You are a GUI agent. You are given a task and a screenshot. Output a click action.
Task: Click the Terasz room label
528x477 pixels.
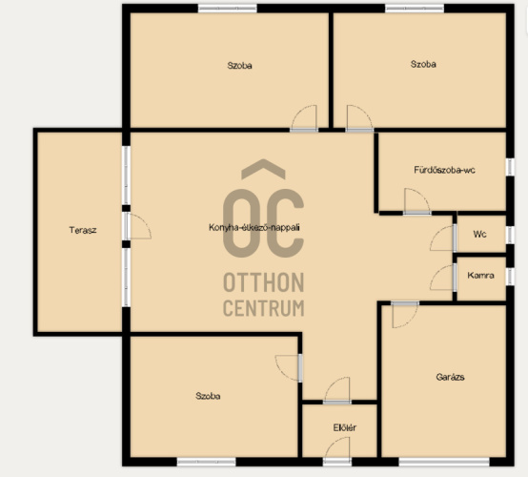[83, 230]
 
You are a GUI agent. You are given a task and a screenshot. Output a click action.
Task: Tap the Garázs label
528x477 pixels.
[450, 377]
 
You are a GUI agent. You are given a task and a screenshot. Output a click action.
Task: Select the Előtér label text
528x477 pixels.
[344, 427]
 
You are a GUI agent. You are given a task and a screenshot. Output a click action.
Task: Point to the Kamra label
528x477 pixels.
[480, 276]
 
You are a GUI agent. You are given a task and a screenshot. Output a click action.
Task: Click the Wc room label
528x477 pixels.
[479, 234]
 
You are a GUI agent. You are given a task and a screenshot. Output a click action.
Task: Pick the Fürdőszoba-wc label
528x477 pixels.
[444, 170]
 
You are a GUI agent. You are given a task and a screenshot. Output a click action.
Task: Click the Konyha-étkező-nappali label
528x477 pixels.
[254, 227]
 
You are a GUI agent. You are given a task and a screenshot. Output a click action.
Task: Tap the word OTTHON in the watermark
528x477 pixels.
[264, 282]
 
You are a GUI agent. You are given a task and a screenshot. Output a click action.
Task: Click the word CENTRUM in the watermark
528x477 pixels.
[264, 308]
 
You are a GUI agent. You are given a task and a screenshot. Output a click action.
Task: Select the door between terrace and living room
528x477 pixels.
[137, 226]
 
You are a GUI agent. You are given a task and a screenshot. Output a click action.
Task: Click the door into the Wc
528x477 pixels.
[443, 238]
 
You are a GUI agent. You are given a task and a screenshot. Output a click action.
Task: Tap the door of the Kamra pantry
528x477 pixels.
[443, 277]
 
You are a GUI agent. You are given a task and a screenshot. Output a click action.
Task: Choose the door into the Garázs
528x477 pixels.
[405, 315]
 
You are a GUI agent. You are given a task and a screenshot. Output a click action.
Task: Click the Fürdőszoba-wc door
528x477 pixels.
[416, 201]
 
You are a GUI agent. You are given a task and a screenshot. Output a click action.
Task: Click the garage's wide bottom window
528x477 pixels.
[444, 462]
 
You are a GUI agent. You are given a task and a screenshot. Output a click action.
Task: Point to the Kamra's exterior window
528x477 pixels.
[510, 276]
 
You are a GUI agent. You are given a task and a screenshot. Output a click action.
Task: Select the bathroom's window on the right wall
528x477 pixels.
[510, 167]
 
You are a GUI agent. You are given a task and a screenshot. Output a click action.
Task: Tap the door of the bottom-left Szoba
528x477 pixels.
[289, 368]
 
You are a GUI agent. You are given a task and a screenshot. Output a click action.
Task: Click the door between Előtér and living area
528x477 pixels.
[337, 390]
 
